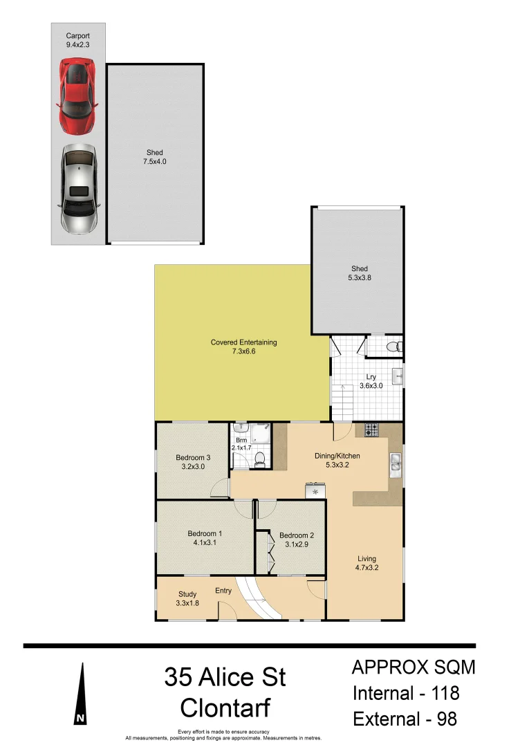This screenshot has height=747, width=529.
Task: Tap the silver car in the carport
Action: click(x=78, y=188)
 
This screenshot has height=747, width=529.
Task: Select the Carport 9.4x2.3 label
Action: click(x=77, y=39)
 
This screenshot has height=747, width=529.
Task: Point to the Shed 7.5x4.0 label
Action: click(x=155, y=157)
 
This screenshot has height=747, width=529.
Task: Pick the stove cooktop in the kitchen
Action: click(x=371, y=430)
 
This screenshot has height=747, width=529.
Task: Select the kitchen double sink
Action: click(x=395, y=463)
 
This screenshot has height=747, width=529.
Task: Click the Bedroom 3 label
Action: click(x=193, y=462)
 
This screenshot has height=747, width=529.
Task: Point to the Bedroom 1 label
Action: click(x=205, y=538)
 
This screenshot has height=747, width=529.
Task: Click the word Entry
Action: click(x=223, y=591)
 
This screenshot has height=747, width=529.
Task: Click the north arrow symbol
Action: click(x=82, y=694)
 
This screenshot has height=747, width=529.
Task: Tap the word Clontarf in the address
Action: click(x=225, y=708)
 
